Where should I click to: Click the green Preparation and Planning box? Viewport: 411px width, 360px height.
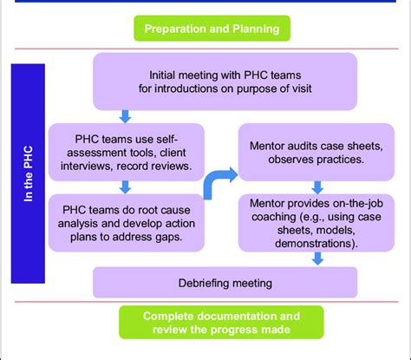212,29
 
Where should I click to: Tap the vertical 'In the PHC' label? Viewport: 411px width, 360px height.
28,173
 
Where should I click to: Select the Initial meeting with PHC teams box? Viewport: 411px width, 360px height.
225,82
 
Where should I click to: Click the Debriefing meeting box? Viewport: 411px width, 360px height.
225,283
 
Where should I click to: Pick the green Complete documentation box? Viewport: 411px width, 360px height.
221,323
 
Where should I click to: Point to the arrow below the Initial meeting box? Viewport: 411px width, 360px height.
125,116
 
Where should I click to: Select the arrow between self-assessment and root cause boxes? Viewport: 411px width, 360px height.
125,187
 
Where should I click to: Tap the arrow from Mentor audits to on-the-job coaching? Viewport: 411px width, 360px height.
317,187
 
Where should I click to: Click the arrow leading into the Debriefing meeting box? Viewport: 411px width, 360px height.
317,259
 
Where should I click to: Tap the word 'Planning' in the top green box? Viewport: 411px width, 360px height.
256,29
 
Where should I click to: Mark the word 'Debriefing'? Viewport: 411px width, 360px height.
204,283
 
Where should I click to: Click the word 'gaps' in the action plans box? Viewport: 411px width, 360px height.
170,238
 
